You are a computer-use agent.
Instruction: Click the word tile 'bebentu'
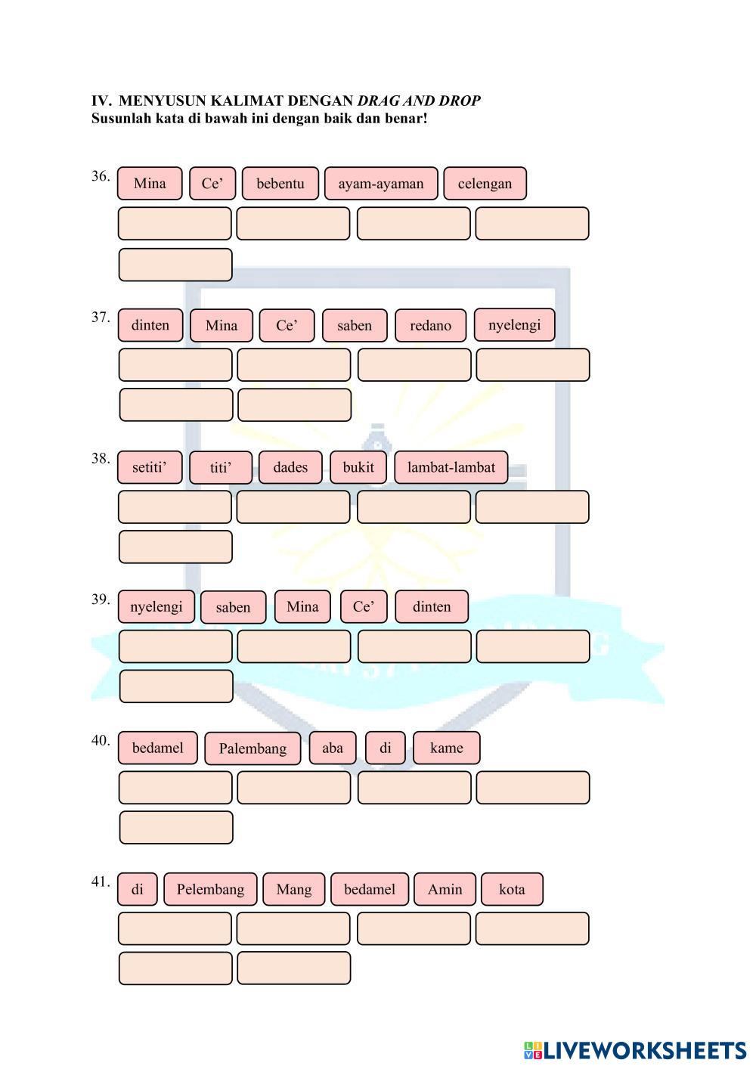tap(280, 184)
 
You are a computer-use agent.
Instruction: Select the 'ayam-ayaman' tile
tap(381, 184)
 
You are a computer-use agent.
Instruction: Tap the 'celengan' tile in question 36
tap(485, 184)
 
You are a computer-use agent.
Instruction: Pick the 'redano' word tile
tap(430, 326)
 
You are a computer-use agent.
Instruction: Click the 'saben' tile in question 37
tap(355, 326)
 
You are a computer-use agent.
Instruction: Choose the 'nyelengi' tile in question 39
tap(156, 607)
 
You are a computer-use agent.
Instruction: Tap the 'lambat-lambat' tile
tap(451, 467)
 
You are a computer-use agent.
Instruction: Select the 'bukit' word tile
tap(358, 467)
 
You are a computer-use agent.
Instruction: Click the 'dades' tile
tap(290, 467)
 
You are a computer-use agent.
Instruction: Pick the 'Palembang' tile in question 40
tap(253, 748)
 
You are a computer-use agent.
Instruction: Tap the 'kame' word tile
tap(446, 748)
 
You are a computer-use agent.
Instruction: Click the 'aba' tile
tap(333, 748)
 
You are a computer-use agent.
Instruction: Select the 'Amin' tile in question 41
tap(445, 889)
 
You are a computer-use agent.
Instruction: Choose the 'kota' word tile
tap(512, 889)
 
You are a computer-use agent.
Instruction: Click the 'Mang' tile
tap(294, 889)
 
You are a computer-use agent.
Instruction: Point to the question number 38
tap(101, 458)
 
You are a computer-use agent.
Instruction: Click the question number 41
tap(101, 881)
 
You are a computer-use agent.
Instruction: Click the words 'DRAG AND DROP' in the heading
tap(419, 101)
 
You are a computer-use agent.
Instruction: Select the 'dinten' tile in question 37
tap(150, 325)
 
